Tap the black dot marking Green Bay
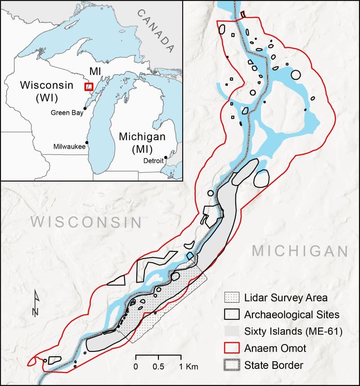(x=85, y=108)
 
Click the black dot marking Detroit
(x=166, y=157)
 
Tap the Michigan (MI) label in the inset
(x=141, y=142)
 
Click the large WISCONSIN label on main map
(x=86, y=222)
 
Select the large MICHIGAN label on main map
(x=300, y=251)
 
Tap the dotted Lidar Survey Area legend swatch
(x=231, y=298)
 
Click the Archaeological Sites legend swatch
(x=231, y=314)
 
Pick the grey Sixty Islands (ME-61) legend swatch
(x=231, y=332)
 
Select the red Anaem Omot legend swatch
(x=231, y=348)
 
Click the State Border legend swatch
(x=231, y=365)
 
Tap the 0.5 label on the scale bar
(x=158, y=366)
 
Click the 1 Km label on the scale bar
(x=188, y=366)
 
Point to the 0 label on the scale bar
(x=135, y=366)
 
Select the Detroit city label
(x=153, y=161)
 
